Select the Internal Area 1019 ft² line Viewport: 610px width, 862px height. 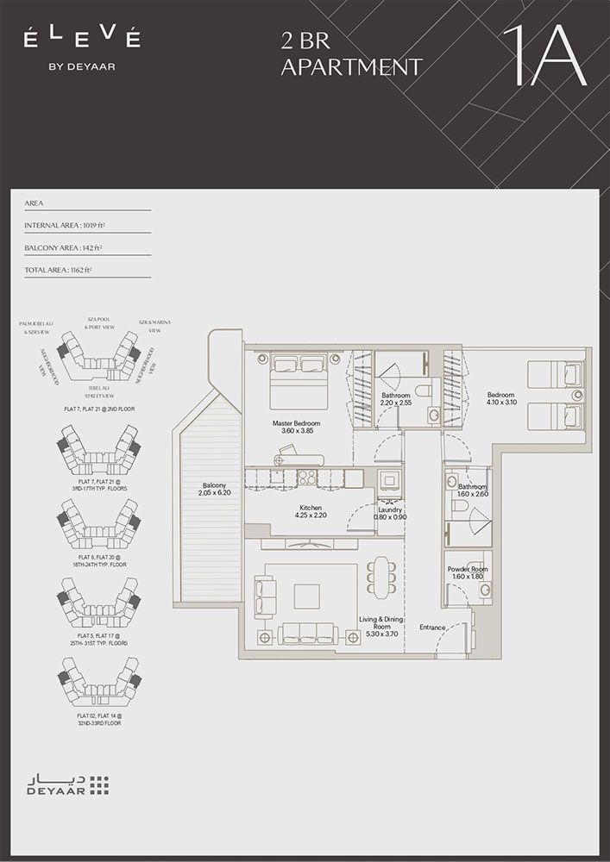66,225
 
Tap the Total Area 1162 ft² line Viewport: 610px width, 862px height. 59,270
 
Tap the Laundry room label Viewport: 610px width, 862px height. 391,513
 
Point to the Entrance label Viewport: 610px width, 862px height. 432,628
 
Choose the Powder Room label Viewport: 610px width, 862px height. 468,574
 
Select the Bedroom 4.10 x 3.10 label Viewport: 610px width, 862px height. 500,397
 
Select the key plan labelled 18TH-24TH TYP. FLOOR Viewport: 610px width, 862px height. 97,527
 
